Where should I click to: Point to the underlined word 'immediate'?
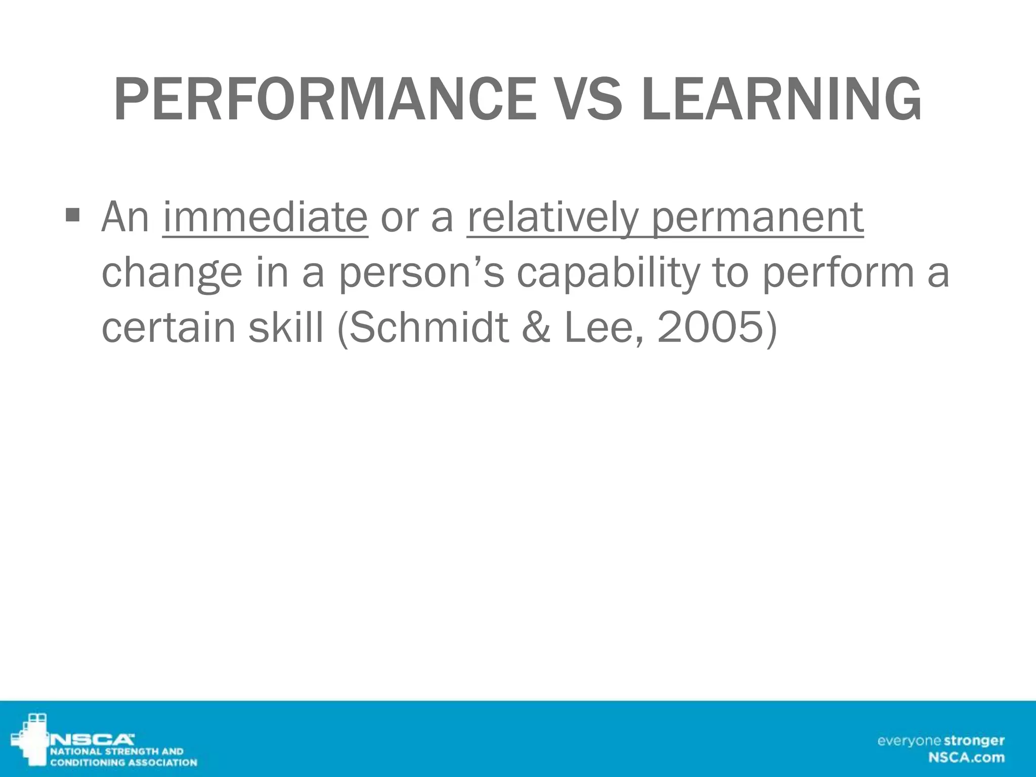click(265, 218)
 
